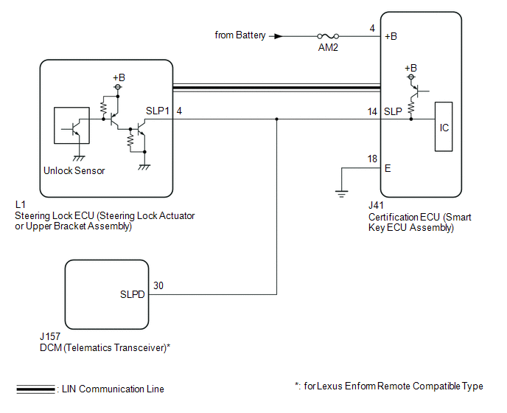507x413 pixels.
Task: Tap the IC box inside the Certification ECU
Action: coord(444,128)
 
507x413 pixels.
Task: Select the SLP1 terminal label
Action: coord(158,111)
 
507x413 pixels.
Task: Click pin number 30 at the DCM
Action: coord(158,285)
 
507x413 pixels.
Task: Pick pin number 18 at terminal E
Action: coord(373,159)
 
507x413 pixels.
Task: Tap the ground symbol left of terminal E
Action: coord(342,193)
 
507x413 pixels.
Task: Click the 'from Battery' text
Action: coord(239,35)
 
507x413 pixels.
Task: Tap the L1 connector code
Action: coord(20,204)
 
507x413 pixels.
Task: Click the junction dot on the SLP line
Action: coord(277,119)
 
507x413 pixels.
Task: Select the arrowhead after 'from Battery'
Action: coord(278,35)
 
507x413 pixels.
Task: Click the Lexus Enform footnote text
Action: coord(388,386)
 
